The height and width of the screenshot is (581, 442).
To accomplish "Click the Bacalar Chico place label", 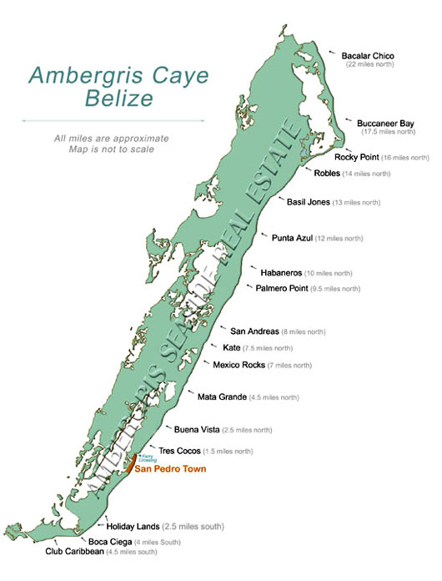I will [367, 56].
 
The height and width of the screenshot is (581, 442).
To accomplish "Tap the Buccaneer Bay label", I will [386, 123].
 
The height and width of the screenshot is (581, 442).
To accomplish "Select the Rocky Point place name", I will [357, 157].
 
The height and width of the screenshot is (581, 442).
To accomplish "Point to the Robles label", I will [326, 174].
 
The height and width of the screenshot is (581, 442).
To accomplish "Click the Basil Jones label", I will [308, 202].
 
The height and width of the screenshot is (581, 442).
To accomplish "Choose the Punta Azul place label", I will [292, 238].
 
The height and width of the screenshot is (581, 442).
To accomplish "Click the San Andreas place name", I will [254, 331].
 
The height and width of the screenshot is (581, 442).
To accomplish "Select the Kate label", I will [231, 347].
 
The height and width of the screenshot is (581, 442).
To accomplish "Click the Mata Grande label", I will [222, 397].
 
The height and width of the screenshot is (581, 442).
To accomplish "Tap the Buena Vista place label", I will [198, 429].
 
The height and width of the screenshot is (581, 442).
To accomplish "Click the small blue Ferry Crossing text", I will [148, 458].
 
